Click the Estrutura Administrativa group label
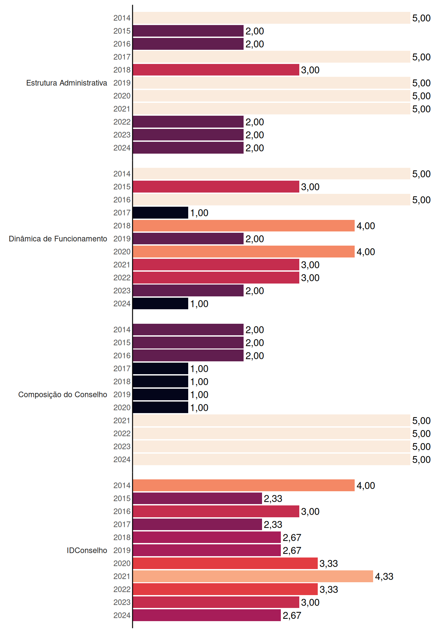point(67,83)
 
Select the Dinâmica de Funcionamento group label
point(58,239)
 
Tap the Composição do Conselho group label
point(63,395)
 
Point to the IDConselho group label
point(87,550)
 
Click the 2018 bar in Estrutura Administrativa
point(216,70)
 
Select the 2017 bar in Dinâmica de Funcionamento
point(161,213)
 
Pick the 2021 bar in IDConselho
point(253,576)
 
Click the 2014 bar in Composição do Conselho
point(188,330)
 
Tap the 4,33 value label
point(384,576)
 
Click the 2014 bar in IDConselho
point(244,485)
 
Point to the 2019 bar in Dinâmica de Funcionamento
point(188,239)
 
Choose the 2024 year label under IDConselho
point(122,615)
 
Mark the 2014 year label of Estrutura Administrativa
point(122,18)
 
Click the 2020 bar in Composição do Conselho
point(161,407)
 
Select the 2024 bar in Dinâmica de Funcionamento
point(161,304)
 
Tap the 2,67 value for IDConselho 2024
point(292,615)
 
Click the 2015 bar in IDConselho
point(197,498)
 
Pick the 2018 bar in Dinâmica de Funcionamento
point(244,226)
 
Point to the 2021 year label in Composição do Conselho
point(122,420)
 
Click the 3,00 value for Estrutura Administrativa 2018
point(310,70)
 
